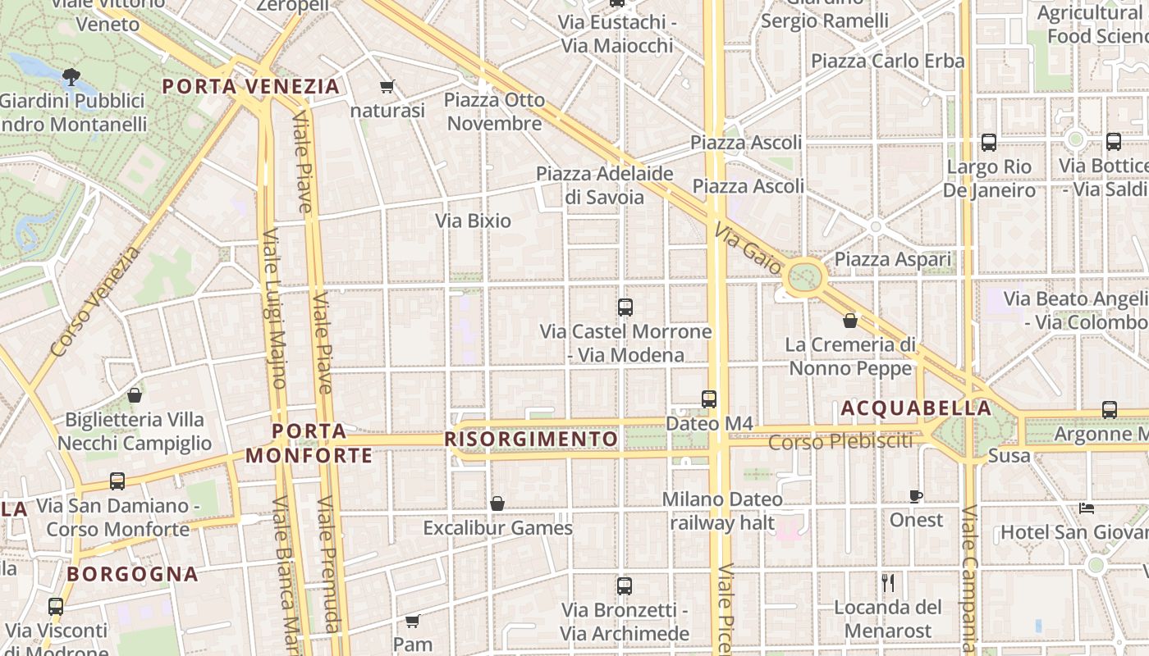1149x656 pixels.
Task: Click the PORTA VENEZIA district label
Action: (250, 86)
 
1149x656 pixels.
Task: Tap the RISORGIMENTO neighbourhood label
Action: (531, 440)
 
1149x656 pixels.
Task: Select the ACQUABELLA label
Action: (916, 408)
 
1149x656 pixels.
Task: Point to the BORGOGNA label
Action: (133, 574)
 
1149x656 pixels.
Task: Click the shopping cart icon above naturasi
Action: (387, 86)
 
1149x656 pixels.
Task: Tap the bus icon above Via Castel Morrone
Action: (625, 307)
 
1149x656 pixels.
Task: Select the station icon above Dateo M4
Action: (709, 399)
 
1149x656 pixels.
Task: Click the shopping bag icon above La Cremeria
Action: (850, 320)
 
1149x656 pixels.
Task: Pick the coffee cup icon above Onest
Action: (916, 496)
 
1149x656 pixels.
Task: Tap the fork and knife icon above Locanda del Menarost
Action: (888, 583)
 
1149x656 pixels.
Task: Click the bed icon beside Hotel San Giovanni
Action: (1087, 508)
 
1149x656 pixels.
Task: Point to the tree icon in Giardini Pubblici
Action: (71, 77)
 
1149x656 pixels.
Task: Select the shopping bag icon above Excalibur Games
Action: (497, 503)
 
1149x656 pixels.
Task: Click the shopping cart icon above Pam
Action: (413, 621)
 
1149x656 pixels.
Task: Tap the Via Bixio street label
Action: (473, 221)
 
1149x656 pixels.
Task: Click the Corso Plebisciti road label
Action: (840, 441)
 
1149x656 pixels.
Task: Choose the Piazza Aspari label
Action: (893, 260)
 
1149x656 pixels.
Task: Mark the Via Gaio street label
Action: (747, 248)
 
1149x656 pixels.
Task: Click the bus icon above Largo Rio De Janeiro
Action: (989, 143)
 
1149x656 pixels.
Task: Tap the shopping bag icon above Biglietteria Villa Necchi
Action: (135, 396)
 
